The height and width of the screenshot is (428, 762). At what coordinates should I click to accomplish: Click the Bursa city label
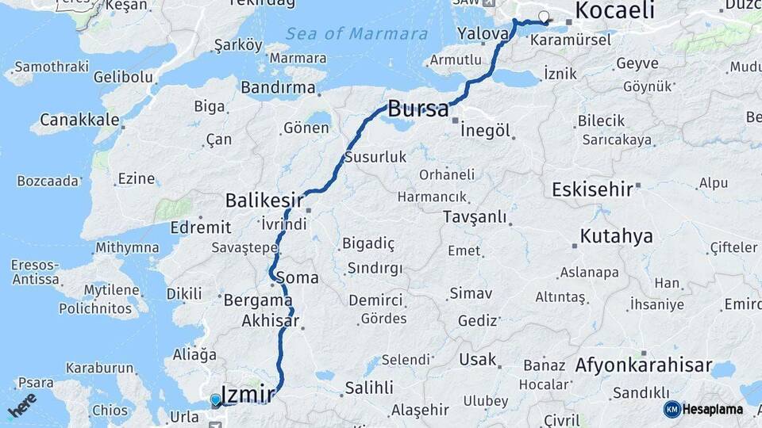[418, 109]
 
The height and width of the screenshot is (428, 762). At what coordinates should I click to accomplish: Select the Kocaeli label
[614, 10]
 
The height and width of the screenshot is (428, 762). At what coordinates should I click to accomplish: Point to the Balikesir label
[264, 200]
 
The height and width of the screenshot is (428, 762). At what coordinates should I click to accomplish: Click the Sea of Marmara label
[356, 34]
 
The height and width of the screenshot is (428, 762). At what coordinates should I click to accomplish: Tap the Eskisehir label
[593, 189]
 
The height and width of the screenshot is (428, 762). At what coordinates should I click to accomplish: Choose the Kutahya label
[616, 236]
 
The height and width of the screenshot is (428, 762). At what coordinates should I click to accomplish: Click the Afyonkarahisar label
[643, 365]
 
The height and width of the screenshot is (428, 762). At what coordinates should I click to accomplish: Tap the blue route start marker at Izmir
[215, 399]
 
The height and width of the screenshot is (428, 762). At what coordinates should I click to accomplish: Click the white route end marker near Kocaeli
[544, 17]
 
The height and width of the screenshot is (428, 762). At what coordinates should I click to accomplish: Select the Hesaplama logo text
[713, 410]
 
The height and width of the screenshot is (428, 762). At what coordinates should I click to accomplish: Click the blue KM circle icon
[672, 409]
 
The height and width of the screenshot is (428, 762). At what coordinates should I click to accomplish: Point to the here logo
[21, 406]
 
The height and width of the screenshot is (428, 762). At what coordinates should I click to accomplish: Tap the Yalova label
[483, 34]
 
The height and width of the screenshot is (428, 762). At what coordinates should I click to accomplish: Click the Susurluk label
[375, 158]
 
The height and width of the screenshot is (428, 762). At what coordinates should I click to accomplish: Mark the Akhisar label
[270, 321]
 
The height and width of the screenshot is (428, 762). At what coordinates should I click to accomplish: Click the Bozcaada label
[48, 181]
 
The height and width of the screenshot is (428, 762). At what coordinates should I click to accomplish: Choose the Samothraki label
[52, 67]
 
